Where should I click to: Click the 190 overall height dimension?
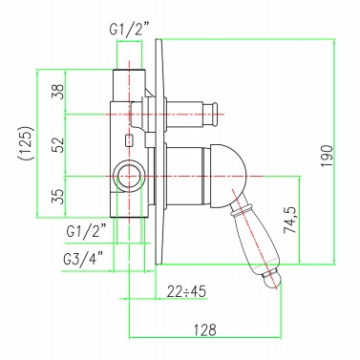[327, 157]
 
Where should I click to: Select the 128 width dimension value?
[205, 329]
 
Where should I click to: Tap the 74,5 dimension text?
[290, 220]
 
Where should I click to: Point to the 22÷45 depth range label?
[186, 291]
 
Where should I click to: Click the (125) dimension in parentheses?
[26, 143]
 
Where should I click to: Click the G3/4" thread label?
[83, 259]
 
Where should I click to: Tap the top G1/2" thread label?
[129, 30]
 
